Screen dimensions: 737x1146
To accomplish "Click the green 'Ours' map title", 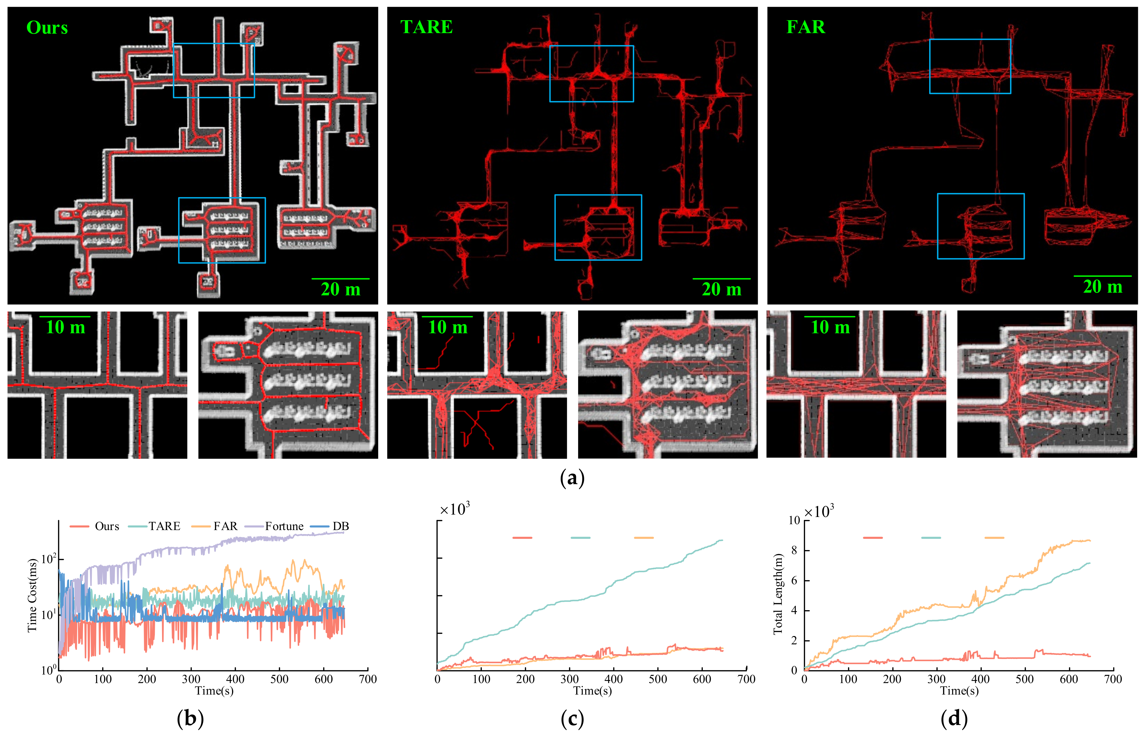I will [x=47, y=28].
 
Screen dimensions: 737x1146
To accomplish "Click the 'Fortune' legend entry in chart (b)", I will [x=284, y=526].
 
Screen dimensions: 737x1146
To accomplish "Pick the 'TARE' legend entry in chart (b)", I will [x=164, y=526].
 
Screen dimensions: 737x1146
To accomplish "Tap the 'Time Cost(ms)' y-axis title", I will [x=32, y=595].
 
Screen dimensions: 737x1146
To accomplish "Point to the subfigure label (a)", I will [x=572, y=478].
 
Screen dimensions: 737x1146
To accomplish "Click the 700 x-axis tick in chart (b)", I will [x=367, y=679].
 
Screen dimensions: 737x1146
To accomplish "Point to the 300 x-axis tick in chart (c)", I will [x=570, y=679].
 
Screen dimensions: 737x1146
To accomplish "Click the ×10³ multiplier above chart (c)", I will [x=454, y=509].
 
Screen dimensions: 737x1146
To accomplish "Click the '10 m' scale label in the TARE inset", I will [x=448, y=327].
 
